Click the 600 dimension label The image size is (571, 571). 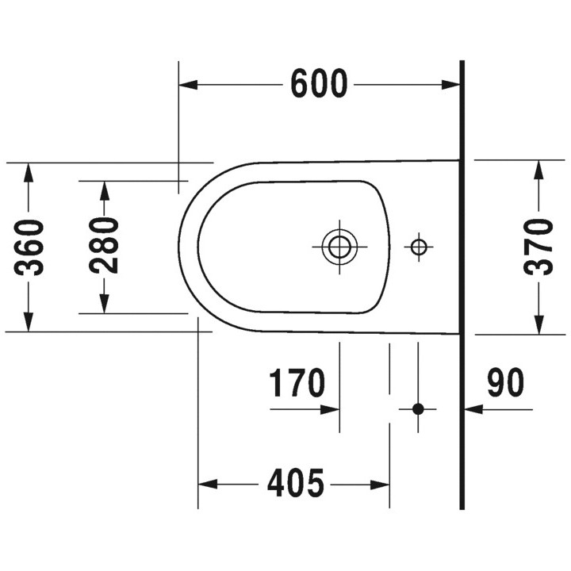[319, 84]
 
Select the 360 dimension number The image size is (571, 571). [29, 247]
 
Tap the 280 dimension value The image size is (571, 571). [104, 245]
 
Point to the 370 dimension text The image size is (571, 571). [538, 247]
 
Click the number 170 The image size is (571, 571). [297, 382]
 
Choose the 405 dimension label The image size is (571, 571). [295, 483]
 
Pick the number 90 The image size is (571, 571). [505, 382]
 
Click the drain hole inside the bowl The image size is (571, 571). [339, 247]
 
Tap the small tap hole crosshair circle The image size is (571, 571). [419, 247]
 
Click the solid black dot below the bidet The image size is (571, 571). [418, 409]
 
